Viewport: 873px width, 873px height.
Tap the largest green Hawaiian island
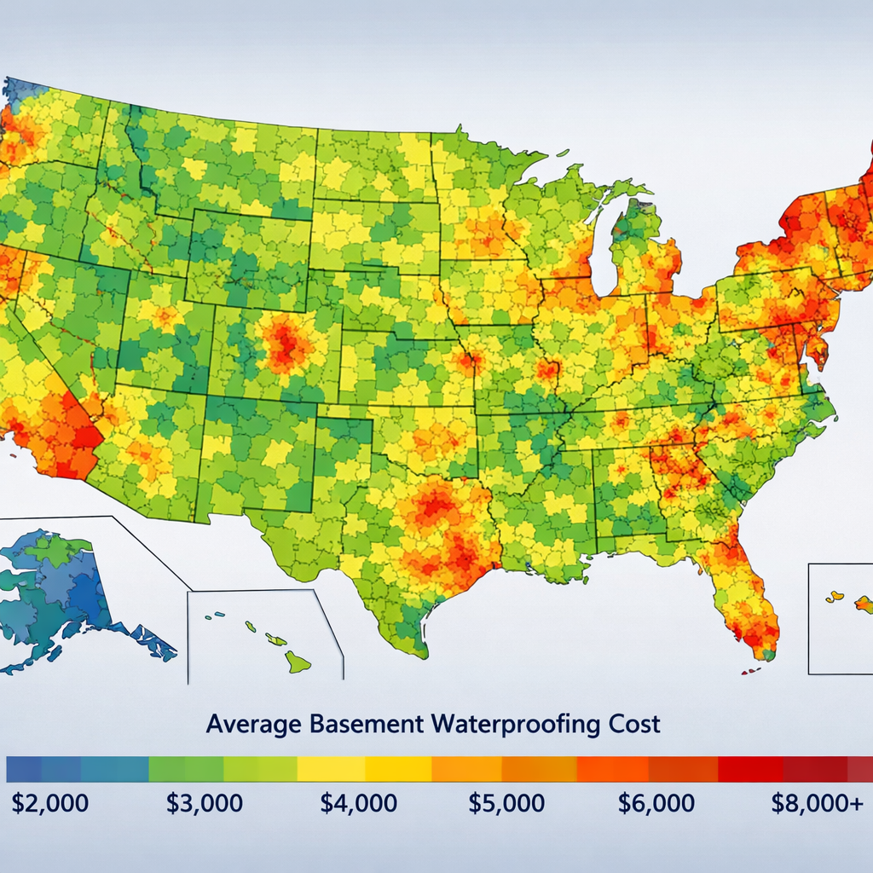298,660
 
